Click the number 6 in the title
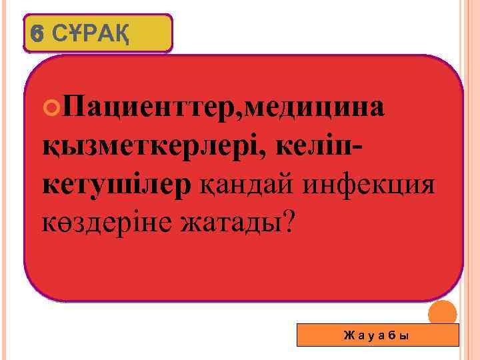coord(37,32)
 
